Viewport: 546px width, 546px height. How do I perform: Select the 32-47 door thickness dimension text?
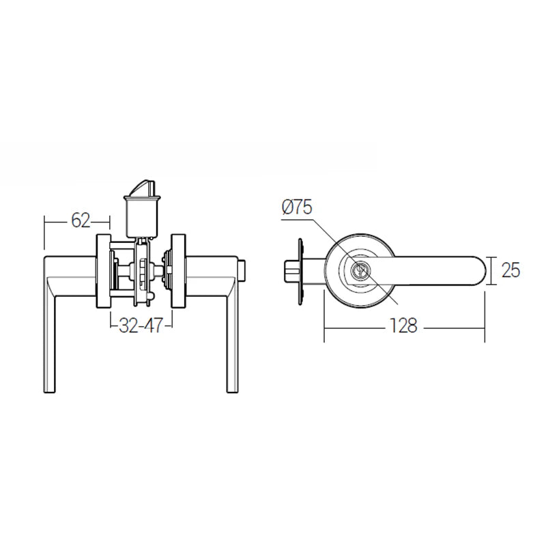140,326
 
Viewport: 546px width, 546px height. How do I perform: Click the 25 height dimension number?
511,270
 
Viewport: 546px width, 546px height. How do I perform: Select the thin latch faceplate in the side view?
300,271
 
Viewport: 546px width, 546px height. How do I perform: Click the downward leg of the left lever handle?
51,341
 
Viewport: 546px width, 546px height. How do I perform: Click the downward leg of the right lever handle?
232,341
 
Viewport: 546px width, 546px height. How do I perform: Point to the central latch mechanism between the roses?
142,271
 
